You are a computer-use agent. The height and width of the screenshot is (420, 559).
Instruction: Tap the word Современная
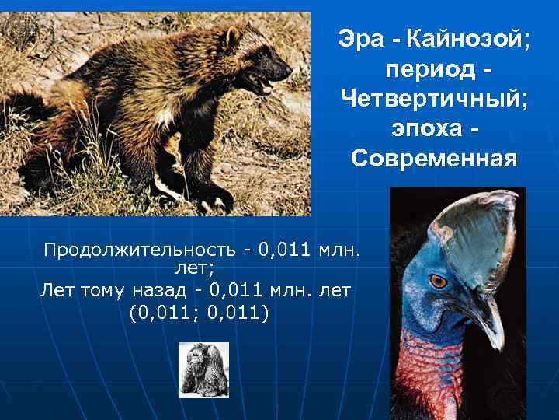pos(434,159)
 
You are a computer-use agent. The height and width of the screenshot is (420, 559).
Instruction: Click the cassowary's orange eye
pos(439,279)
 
